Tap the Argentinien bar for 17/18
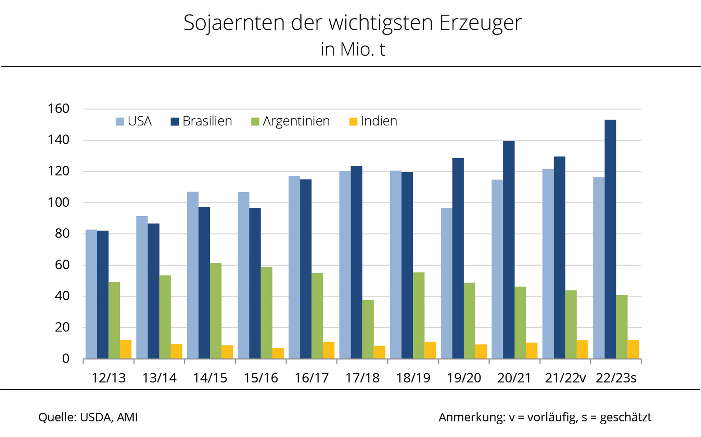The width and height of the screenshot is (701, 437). coord(368,329)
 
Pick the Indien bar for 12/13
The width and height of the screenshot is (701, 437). coord(126,349)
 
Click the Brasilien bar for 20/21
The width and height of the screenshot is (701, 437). coord(509,250)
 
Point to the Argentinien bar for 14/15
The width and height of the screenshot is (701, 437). coord(216,311)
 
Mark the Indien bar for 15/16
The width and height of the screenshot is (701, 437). coord(278,353)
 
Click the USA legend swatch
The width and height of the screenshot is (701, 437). coord(120,122)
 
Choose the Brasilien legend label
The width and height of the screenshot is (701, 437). coord(207,121)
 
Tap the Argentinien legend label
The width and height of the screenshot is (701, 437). coord(296,121)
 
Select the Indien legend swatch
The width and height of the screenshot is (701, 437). coord(353,122)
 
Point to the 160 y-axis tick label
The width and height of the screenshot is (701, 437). coord(59,109)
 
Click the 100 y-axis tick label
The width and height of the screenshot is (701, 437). coord(59,202)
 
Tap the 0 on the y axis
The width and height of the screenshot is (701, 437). coord(65,359)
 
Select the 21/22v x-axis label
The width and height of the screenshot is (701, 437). coord(565,378)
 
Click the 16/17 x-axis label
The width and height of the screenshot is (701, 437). coord(311,378)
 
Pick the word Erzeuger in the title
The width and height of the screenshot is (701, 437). coord(481,23)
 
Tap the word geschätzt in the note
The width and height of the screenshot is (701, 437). coord(625,417)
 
